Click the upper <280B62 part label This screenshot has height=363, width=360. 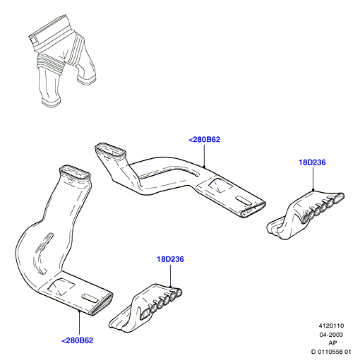(204, 140)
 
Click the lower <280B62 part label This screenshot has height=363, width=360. (78, 340)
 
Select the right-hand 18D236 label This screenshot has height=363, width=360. (312, 162)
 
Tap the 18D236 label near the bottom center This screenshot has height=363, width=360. (170, 259)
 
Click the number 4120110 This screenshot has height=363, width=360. (331, 326)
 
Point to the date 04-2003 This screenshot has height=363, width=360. (331, 335)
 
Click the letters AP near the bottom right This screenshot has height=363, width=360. (332, 343)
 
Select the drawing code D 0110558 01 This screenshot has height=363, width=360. (331, 352)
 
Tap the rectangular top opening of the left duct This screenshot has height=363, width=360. (75, 174)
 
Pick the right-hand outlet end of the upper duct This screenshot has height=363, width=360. (253, 208)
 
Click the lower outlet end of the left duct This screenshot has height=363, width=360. (101, 304)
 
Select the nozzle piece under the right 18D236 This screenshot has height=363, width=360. (306, 215)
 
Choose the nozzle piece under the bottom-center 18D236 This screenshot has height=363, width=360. (145, 309)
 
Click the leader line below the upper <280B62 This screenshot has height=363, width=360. (204, 156)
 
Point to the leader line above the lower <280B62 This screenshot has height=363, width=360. (80, 323)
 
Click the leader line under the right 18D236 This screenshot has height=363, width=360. (313, 179)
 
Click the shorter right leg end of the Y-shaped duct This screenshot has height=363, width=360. (87, 79)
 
